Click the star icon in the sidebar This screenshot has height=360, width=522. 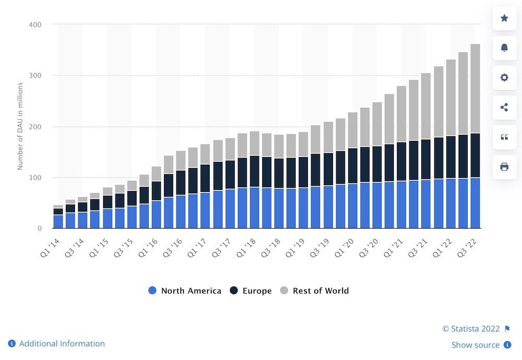point(504,18)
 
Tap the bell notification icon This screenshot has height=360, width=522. point(504,48)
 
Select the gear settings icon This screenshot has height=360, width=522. point(504,78)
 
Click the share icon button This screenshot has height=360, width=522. point(504,107)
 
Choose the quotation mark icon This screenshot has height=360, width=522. point(504,137)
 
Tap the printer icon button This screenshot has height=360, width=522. point(504,167)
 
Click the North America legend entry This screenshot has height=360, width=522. point(185,291)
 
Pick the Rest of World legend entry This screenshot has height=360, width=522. point(315,291)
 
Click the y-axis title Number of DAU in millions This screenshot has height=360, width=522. point(20,127)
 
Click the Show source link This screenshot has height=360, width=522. point(476,345)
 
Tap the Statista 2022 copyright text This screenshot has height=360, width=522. point(471,329)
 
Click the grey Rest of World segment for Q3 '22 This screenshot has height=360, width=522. point(476,89)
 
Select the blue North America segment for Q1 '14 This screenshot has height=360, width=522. point(58,222)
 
